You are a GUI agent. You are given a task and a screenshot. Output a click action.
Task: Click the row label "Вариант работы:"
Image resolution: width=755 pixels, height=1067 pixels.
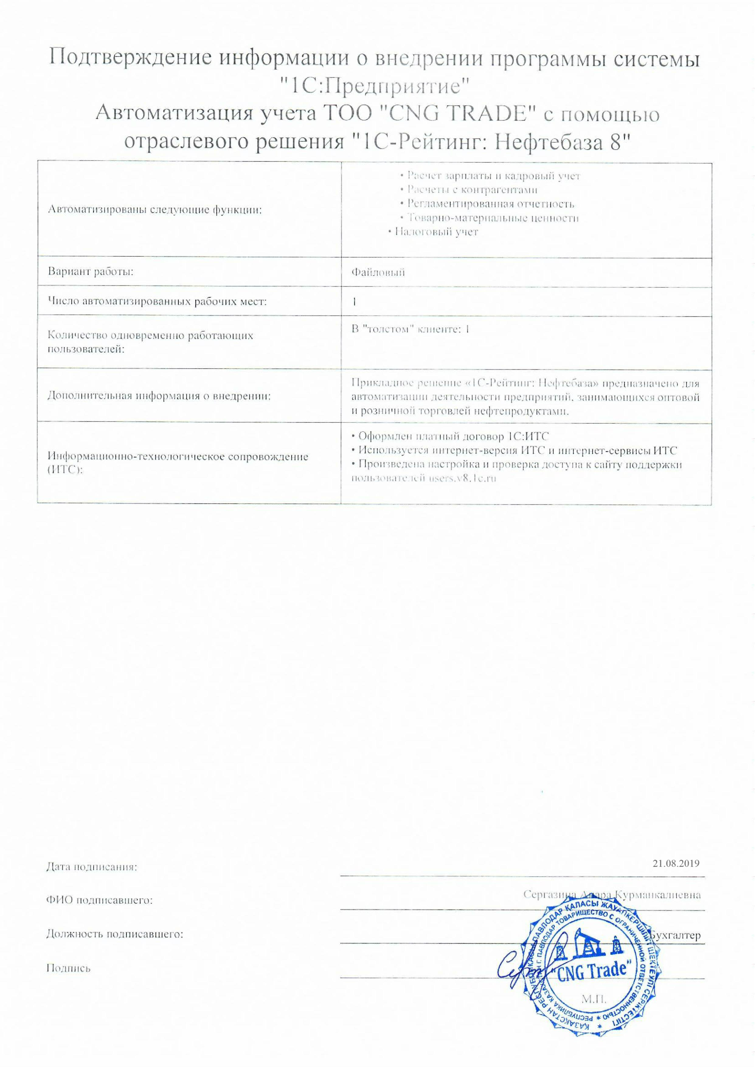[x=91, y=272]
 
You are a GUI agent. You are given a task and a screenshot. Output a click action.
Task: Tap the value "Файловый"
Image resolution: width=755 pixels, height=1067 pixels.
[x=378, y=273]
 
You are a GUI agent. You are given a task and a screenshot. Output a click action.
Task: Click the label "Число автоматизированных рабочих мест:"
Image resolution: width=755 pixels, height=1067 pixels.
[x=158, y=302]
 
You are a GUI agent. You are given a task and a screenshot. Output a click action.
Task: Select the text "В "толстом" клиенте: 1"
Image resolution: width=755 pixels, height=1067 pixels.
[x=410, y=329]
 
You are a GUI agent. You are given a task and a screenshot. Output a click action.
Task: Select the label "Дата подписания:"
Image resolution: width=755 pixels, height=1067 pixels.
[x=92, y=867]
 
